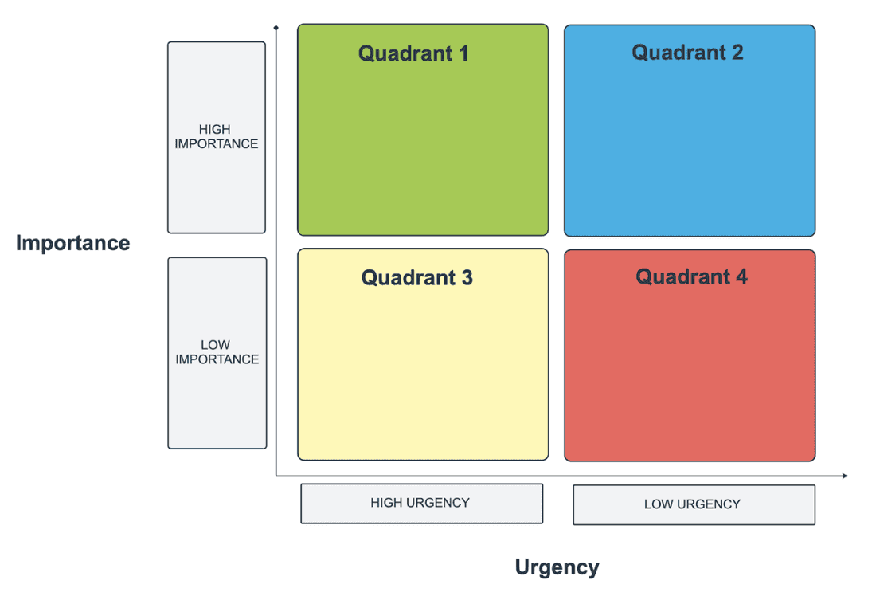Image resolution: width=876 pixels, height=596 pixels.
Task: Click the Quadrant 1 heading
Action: tap(413, 53)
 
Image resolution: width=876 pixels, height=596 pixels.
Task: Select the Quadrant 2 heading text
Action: tap(688, 53)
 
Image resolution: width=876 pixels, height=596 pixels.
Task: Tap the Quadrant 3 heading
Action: tap(416, 277)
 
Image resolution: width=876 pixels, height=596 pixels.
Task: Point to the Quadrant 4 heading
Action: tap(691, 276)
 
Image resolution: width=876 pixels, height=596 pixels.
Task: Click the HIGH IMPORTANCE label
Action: tap(217, 137)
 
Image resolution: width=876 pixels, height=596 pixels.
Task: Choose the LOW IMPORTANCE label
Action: tap(217, 352)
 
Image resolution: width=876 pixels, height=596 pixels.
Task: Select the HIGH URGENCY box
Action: tap(421, 504)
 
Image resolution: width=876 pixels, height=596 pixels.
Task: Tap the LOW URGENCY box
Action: tap(694, 504)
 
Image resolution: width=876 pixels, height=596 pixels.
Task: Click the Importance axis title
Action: tap(72, 243)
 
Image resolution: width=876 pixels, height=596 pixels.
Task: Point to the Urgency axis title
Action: tap(557, 567)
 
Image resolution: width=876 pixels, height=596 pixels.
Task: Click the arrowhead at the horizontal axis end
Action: tap(845, 476)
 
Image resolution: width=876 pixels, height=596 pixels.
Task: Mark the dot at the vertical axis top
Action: tap(276, 29)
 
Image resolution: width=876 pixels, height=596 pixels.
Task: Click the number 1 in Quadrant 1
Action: tap(463, 53)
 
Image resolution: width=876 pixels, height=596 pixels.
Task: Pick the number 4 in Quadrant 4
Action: tap(741, 276)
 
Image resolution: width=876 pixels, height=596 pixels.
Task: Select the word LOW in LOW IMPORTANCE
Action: tap(216, 345)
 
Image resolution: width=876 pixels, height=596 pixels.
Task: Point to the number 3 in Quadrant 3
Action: tap(467, 277)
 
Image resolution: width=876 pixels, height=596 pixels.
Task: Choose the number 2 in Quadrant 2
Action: tap(737, 53)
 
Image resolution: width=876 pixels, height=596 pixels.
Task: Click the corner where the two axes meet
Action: tap(276, 476)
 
